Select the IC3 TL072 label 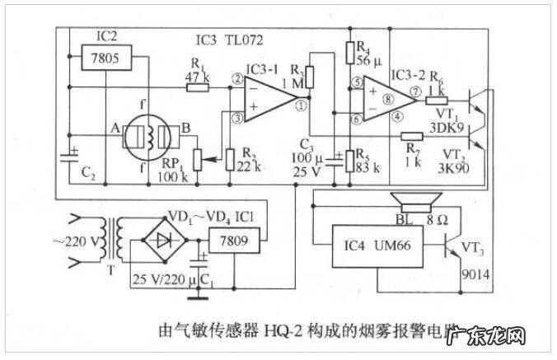tap(230, 40)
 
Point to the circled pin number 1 tap(302, 105)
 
